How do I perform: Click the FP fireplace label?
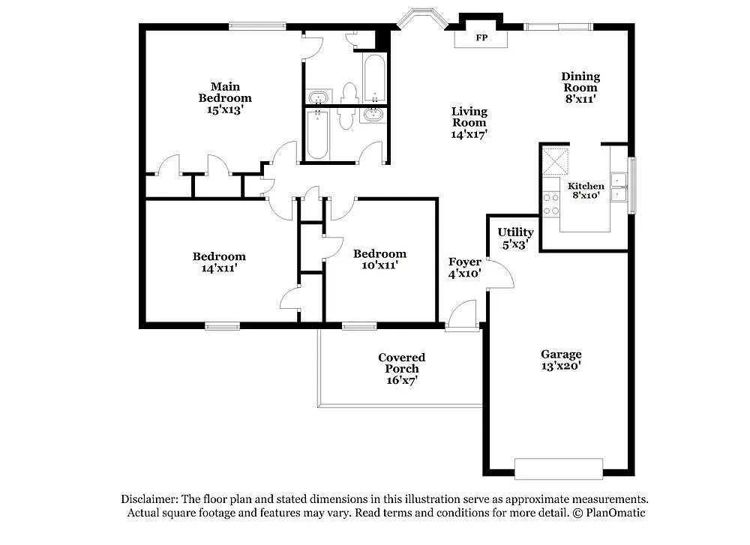click(480, 38)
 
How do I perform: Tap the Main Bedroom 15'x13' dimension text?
click(225, 109)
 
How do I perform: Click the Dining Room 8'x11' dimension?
click(580, 98)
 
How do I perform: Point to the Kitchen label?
click(585, 186)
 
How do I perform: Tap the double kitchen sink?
click(619, 187)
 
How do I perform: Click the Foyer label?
click(464, 262)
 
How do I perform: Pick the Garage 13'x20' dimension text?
click(561, 367)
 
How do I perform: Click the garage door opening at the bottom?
click(559, 469)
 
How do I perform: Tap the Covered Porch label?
click(401, 363)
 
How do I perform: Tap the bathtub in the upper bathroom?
click(374, 79)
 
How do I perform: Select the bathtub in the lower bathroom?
click(317, 135)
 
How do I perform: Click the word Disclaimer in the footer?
click(148, 499)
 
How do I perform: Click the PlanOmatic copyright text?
click(609, 513)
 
